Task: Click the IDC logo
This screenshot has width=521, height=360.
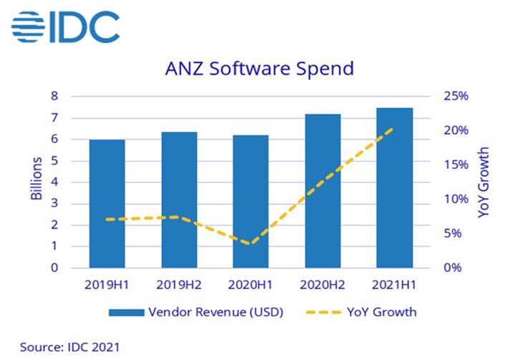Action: pos(65,27)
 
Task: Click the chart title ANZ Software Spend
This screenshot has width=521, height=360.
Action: pos(260,69)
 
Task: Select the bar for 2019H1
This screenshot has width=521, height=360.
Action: pos(107,204)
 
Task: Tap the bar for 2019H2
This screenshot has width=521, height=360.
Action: pos(179,200)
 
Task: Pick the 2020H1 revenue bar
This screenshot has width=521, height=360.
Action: pos(250,201)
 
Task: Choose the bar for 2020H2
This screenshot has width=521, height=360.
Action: pos(323,191)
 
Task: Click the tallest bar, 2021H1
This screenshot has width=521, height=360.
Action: pos(394,188)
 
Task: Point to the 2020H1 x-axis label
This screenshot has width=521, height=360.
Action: pos(250,285)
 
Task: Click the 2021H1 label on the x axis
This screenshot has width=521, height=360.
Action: pos(394,285)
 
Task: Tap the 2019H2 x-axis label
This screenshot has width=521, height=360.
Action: pos(179,285)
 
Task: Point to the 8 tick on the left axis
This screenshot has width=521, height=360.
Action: pos(54,96)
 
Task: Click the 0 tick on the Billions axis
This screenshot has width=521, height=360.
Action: pos(54,268)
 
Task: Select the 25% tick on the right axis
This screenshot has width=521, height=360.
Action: pos(456,96)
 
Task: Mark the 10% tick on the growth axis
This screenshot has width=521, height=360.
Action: pos(456,199)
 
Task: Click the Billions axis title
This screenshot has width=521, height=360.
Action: pos(36,178)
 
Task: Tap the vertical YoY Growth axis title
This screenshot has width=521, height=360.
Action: pos(484,183)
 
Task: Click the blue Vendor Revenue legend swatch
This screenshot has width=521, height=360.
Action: pos(127,313)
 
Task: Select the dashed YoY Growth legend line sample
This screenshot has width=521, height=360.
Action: pos(323,313)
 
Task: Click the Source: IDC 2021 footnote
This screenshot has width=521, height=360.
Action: pos(70,347)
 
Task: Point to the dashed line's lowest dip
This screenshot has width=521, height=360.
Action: pos(250,243)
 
